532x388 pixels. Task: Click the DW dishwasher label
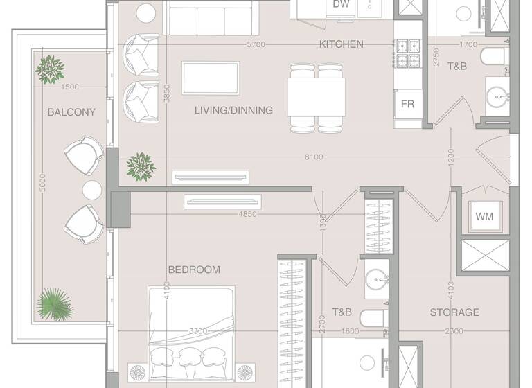(x=341, y=5)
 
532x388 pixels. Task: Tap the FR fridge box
(x=408, y=104)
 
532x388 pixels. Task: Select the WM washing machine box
(x=484, y=216)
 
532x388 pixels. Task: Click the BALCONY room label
(x=71, y=112)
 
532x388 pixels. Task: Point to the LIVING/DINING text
(x=233, y=110)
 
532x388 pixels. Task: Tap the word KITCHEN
(x=341, y=44)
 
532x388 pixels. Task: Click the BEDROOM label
(x=194, y=270)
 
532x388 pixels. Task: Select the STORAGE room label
(x=454, y=312)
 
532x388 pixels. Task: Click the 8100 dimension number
(x=313, y=157)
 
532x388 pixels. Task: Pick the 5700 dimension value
(x=256, y=44)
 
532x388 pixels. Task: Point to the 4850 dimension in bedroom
(x=247, y=214)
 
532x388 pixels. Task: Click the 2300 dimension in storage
(x=454, y=331)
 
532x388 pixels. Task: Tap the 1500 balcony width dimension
(x=69, y=87)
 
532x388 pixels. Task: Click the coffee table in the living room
(x=211, y=78)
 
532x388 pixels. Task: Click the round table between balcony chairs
(x=92, y=189)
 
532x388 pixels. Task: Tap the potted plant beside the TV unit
(x=141, y=167)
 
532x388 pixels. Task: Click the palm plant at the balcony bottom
(x=53, y=305)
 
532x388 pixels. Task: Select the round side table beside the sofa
(x=146, y=12)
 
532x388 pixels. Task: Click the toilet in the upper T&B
(x=496, y=57)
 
